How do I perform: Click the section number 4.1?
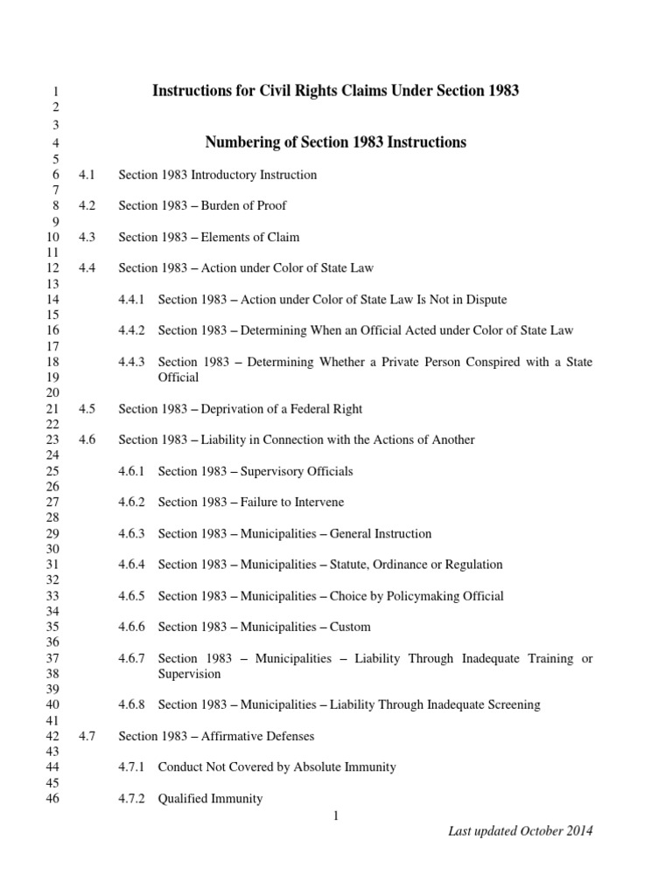point(86,175)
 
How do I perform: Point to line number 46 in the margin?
point(52,798)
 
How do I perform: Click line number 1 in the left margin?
point(55,91)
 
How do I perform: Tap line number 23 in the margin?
point(52,440)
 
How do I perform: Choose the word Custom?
point(350,627)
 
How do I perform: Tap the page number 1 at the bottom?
point(336,816)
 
